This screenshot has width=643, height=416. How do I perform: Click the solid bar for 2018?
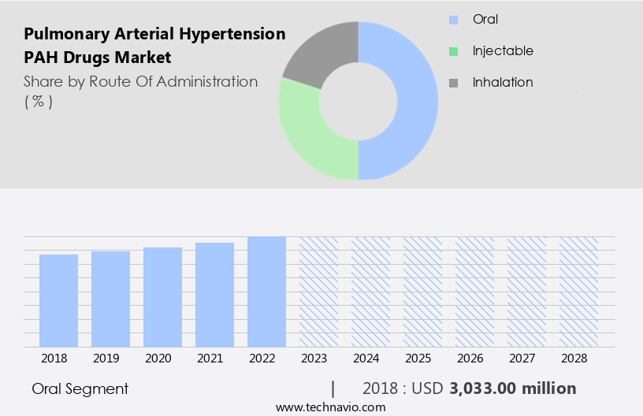pyautogui.click(x=59, y=300)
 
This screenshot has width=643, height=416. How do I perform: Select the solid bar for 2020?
pyautogui.click(x=162, y=297)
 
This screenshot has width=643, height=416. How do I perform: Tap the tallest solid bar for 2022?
pyautogui.click(x=266, y=292)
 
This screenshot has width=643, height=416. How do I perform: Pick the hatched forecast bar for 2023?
pyautogui.click(x=318, y=292)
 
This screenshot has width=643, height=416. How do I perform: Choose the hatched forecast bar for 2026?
pyautogui.click(x=474, y=292)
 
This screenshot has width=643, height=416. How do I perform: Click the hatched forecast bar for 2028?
pyautogui.click(x=578, y=292)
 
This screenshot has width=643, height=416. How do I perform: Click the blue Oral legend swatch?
pyautogui.click(x=453, y=20)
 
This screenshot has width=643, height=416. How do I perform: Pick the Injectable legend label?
pyautogui.click(x=503, y=50)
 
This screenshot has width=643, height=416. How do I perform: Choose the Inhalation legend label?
pyautogui.click(x=503, y=82)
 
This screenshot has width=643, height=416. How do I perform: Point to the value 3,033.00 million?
pyautogui.click(x=513, y=388)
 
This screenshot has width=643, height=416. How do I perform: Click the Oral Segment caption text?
pyautogui.click(x=80, y=388)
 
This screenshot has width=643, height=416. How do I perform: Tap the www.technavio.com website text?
pyautogui.click(x=331, y=407)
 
